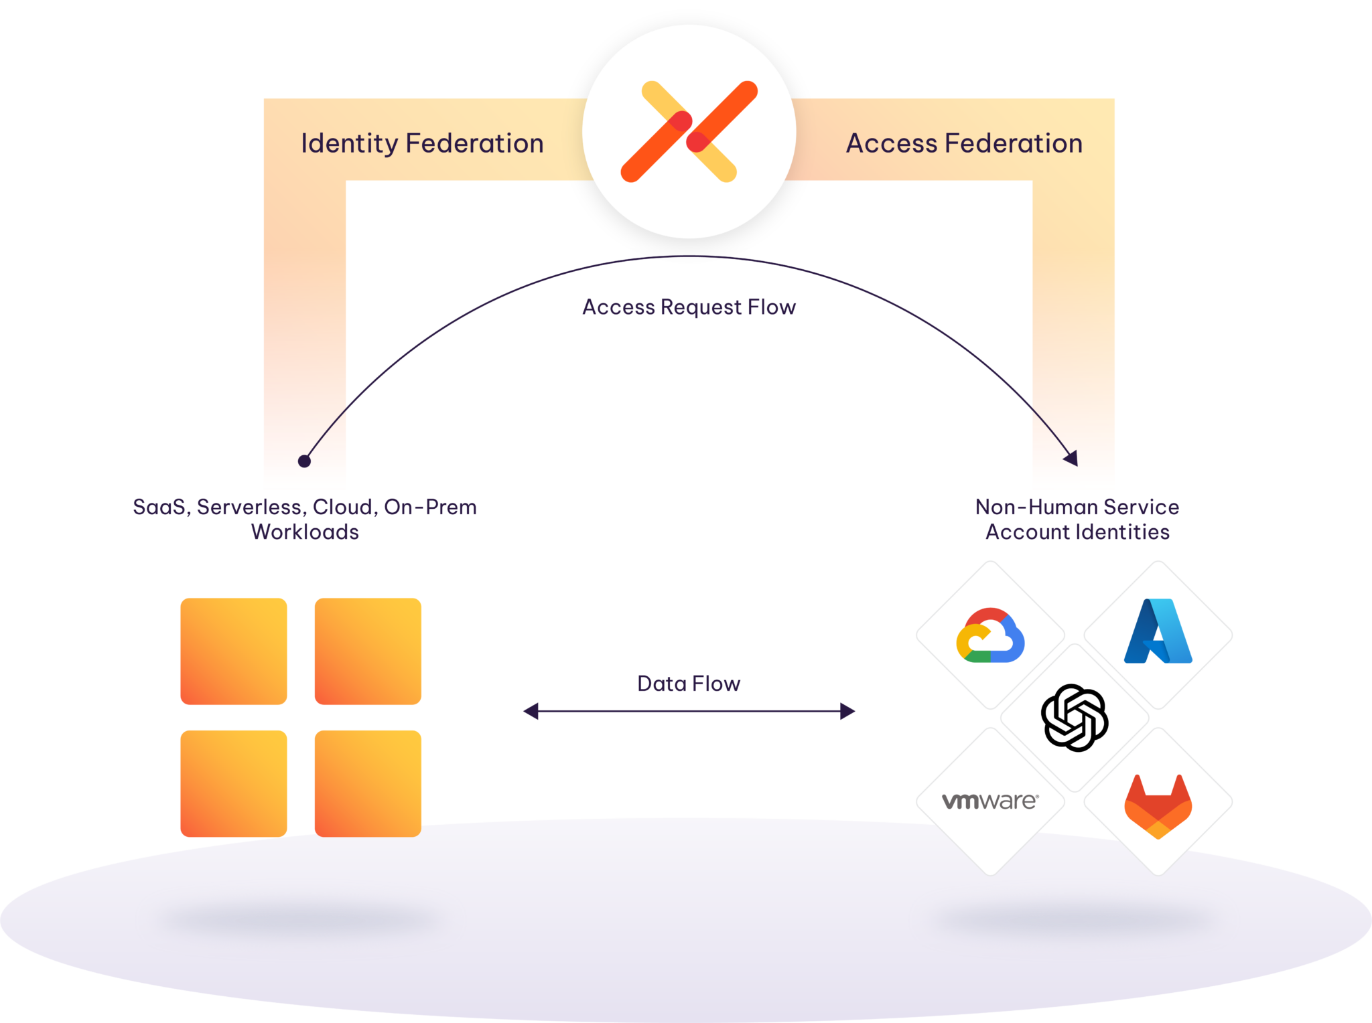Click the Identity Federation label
point(422,143)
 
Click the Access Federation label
point(964,143)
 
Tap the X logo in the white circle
point(689,131)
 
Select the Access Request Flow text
point(689,307)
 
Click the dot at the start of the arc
point(304,461)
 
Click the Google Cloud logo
point(990,635)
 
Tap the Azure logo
point(1158,632)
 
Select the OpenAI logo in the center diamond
point(1075,718)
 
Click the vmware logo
point(990,801)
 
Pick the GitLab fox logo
point(1158,806)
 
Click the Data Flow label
point(689,684)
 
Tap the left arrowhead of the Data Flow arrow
point(530,711)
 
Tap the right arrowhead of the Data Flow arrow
point(848,711)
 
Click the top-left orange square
point(234,651)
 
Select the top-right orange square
point(368,651)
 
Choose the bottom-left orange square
point(234,783)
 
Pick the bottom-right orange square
point(368,783)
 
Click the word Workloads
point(305,532)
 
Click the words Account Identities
point(1077,532)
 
